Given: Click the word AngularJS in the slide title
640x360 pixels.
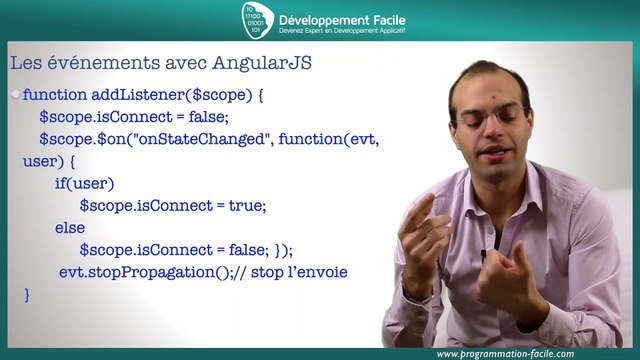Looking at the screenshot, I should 263,63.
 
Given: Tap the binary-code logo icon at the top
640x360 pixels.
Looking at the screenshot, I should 256,21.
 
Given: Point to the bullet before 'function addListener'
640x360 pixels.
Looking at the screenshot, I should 15,95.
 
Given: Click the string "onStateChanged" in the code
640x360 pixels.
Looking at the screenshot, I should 214,139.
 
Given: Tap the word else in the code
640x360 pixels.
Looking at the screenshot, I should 70,228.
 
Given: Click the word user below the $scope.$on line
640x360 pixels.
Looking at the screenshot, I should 40,161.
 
